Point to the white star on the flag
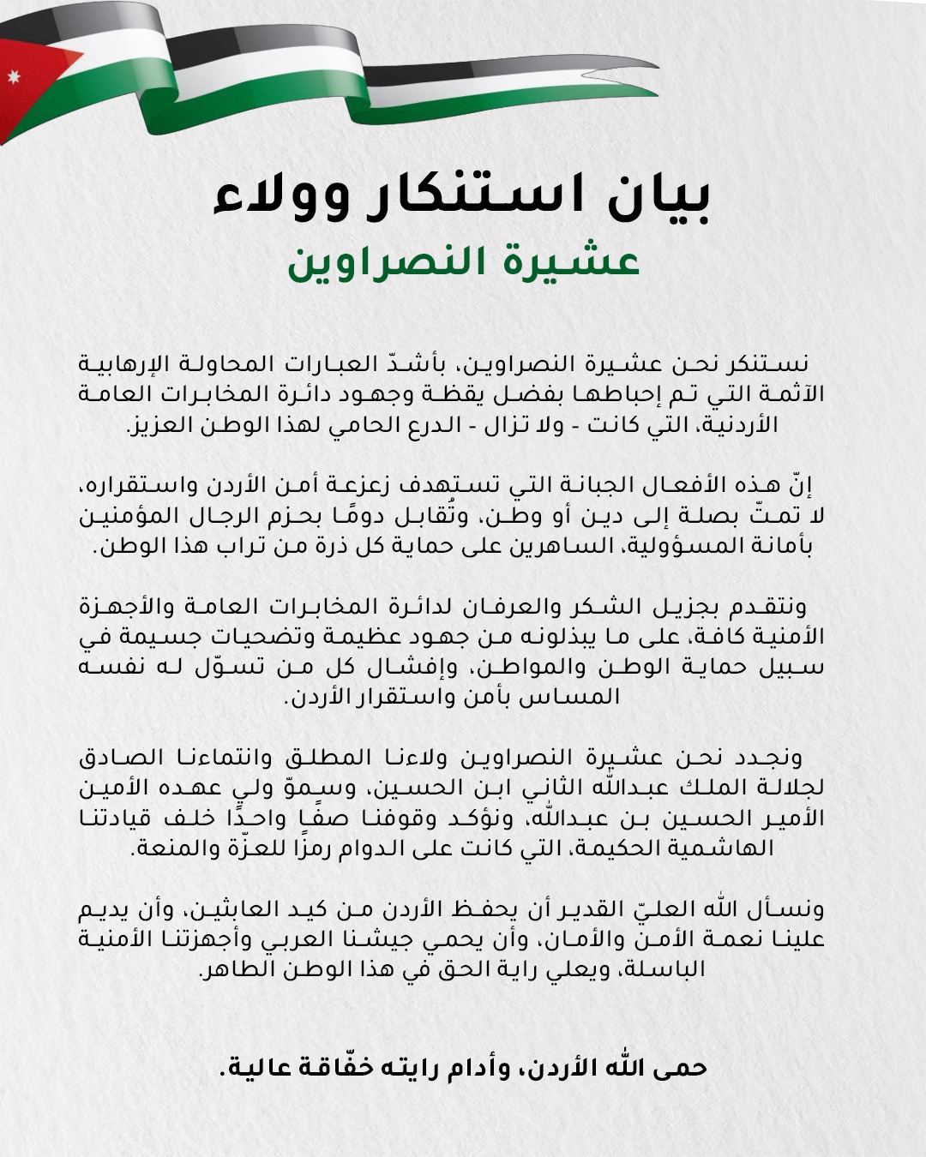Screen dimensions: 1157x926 13,78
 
